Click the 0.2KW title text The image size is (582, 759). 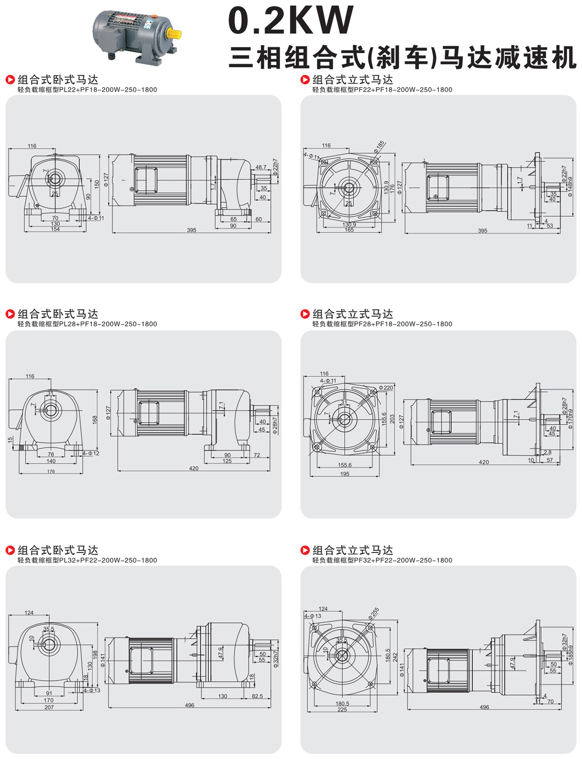pos(291,20)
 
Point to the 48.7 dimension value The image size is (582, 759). pos(261,167)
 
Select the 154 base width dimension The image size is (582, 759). pos(55,229)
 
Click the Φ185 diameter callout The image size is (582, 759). pos(379,146)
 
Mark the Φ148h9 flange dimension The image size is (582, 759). pos(570,187)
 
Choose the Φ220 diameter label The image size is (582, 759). pos(386,387)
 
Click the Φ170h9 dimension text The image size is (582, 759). pos(570,419)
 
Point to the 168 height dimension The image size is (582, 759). pos(95,420)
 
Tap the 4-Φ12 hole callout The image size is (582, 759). pos(91,453)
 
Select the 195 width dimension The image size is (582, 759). pos(345,474)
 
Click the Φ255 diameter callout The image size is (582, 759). pos(373,613)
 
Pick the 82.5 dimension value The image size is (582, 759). pos(257,696)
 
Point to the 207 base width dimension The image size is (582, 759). pos(49,707)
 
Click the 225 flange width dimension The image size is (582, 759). pos(342,709)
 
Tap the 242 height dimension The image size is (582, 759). pos(395,657)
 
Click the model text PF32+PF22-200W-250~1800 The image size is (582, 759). pos(403,560)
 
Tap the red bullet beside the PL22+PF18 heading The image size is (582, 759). pos(10,80)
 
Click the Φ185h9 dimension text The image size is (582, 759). pos(570,655)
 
